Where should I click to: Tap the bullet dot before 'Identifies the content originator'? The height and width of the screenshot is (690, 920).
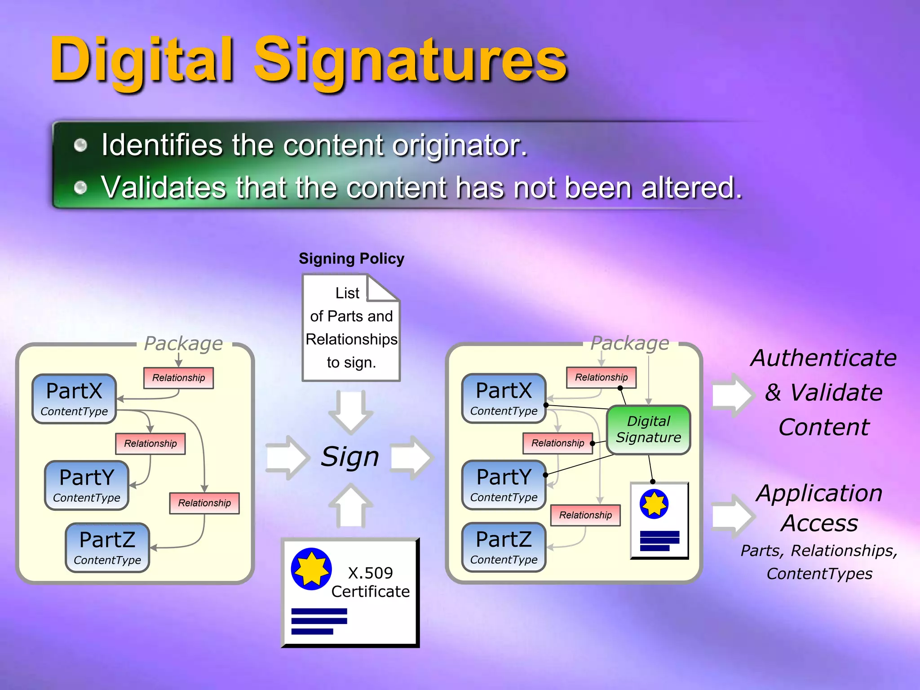(x=80, y=145)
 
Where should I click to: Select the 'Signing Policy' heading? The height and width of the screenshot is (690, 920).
(x=351, y=259)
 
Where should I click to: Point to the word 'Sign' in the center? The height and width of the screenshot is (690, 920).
(x=350, y=457)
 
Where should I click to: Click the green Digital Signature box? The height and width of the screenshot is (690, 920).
(x=648, y=429)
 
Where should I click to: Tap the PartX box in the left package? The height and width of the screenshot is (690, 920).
(x=74, y=398)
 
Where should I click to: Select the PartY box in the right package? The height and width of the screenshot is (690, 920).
(x=504, y=485)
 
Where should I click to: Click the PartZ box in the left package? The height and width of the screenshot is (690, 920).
(x=107, y=547)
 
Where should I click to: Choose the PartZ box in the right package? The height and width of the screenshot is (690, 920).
(x=504, y=547)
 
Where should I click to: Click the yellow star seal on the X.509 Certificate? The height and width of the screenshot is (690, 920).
(x=311, y=569)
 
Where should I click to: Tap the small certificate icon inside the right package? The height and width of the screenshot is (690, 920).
(x=659, y=521)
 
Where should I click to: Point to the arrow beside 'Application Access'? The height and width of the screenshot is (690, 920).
(x=732, y=516)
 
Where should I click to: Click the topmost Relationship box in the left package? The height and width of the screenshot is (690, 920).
(x=178, y=378)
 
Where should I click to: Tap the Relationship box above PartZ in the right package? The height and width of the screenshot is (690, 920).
(x=585, y=515)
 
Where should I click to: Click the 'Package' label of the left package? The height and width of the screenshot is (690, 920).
(x=183, y=344)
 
